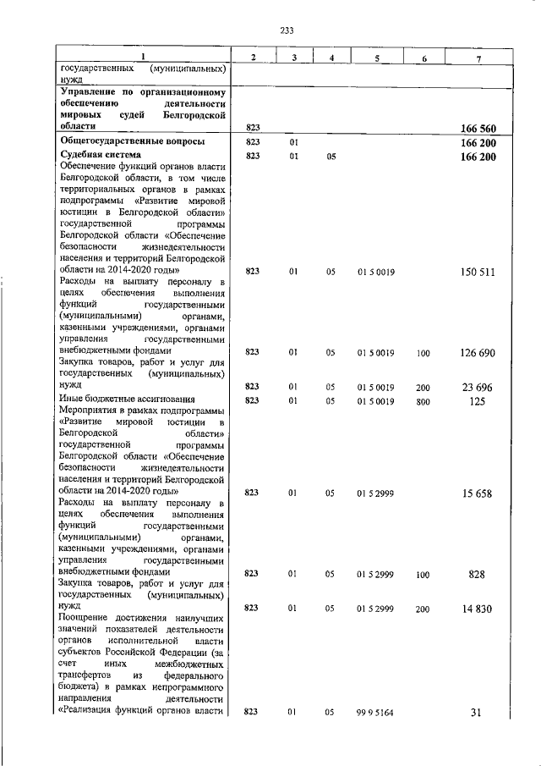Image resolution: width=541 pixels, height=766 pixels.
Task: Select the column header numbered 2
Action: coord(252,57)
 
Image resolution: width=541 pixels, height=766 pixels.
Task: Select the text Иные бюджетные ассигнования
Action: coord(127,400)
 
